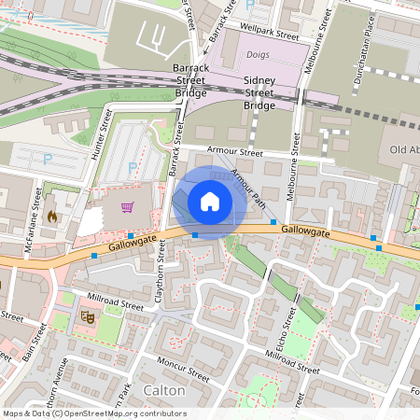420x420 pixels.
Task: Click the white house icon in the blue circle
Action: coord(210,202)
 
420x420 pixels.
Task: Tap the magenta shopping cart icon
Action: coord(127,207)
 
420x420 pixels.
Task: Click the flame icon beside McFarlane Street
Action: coord(51,216)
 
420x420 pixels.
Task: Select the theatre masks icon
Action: coord(88,316)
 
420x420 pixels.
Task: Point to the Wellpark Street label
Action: coord(269,31)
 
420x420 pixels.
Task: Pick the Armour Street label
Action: coord(232,151)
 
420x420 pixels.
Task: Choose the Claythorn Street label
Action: coord(161,273)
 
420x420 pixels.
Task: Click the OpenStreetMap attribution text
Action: coord(93,413)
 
